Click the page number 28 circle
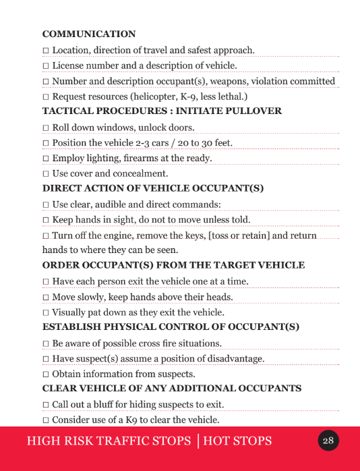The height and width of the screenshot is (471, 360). point(328,441)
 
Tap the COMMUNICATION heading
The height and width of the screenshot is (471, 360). point(89,34)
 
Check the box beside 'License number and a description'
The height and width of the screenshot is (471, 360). point(46,66)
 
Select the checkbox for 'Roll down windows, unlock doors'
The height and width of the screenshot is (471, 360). point(46,128)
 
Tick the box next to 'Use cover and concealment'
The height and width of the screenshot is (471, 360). point(46,174)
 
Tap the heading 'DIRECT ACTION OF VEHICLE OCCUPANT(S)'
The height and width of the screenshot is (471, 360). point(153,188)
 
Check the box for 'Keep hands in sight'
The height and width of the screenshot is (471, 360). point(46,220)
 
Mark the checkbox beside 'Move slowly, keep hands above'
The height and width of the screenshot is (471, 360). point(46,297)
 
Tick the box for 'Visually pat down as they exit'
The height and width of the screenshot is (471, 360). point(46,313)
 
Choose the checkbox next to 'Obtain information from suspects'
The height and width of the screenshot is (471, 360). point(46,374)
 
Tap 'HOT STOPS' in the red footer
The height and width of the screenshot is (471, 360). point(237,441)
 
